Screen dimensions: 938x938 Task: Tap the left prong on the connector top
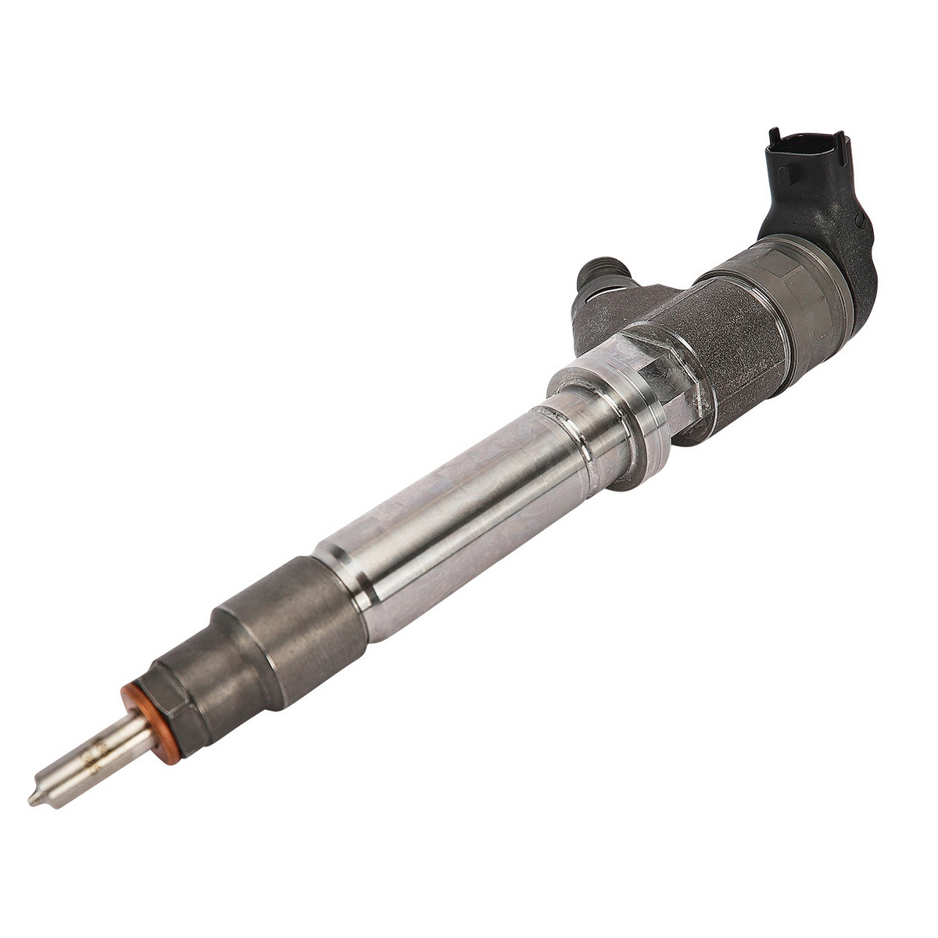[775, 137]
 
